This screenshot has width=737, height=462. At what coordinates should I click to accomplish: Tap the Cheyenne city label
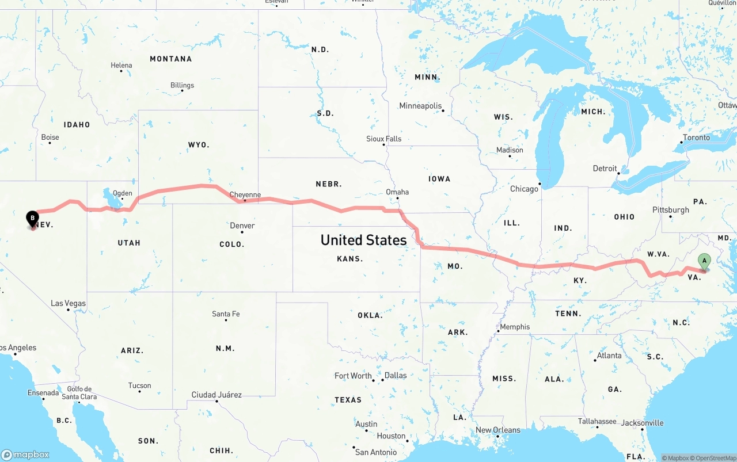coord(245,195)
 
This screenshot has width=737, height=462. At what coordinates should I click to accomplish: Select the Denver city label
coord(242,226)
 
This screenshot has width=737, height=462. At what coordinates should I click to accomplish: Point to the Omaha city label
coord(397,192)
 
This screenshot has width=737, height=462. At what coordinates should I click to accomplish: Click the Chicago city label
coord(524,189)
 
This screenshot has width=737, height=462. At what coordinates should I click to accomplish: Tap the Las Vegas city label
coord(68,303)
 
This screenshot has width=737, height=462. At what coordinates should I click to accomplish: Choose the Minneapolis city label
coord(420,106)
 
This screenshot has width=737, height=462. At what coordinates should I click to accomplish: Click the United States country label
coord(363,240)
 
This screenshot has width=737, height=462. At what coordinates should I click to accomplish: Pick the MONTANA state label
coord(170,59)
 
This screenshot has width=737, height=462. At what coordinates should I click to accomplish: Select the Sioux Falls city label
coord(384,139)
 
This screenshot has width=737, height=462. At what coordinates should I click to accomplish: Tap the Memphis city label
coord(515,327)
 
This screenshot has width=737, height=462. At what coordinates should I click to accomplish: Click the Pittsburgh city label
coord(671,210)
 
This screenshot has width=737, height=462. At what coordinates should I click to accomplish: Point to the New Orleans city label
coord(498,430)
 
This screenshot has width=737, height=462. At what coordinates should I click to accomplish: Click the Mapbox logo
coord(25,455)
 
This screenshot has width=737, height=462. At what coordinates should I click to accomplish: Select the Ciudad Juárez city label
coord(216,395)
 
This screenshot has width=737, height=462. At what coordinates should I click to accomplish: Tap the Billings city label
coord(182,85)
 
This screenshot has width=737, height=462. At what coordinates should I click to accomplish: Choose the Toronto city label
coord(696,138)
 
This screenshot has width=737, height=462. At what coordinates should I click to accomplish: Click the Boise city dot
coord(50,143)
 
